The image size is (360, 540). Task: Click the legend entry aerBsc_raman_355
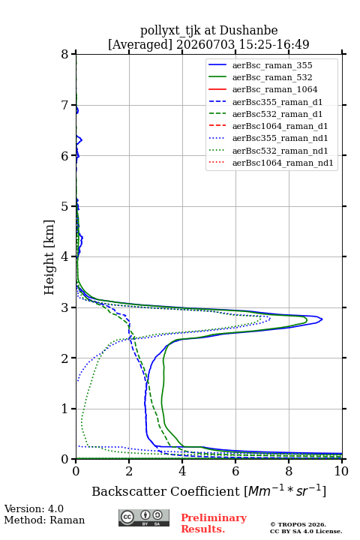tap(272, 65)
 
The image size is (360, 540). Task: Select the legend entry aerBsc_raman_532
tap(272, 77)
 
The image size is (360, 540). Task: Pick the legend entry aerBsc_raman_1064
tap(275, 89)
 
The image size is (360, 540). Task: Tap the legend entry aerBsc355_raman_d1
tap(277, 102)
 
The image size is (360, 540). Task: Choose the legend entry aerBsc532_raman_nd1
tap(280, 151)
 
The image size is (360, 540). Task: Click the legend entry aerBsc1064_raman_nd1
tap(283, 163)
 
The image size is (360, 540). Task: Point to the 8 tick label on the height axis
tap(65, 55)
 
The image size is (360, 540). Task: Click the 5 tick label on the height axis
tap(65, 207)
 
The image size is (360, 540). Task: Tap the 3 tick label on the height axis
tap(65, 307)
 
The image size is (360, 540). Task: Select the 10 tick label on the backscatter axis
tap(341, 471)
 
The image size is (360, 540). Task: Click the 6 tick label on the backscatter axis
tap(235, 471)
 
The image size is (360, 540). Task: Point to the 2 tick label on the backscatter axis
tap(129, 471)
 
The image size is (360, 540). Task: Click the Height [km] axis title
tap(49, 257)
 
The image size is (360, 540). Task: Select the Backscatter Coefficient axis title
tap(208, 491)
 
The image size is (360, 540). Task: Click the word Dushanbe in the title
tap(248, 31)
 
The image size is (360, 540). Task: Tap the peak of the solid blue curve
tap(322, 319)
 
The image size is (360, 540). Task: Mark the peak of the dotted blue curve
tap(270, 319)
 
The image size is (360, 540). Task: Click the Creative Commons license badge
tap(144, 518)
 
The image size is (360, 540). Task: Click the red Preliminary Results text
tap(214, 523)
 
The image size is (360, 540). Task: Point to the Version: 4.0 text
tap(34, 508)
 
